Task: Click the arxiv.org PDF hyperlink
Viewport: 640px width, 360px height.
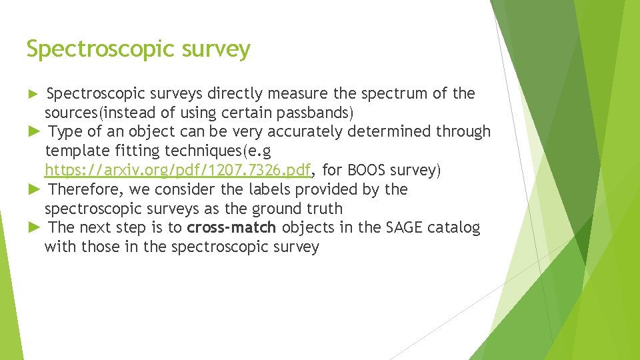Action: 178,170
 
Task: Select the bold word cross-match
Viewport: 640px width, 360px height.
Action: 231,228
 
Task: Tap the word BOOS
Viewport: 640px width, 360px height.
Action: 367,170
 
